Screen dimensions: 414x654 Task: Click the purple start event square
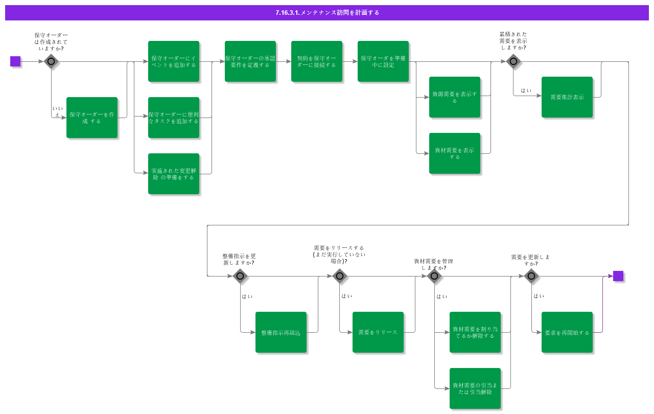pos(15,61)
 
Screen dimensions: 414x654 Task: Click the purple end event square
pos(618,276)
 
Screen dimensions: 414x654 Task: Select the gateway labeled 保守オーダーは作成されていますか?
pos(51,61)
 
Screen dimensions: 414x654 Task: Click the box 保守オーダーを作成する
pos(92,118)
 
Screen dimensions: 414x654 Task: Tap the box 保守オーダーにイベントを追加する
pos(174,61)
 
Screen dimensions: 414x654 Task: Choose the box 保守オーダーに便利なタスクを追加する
pos(174,118)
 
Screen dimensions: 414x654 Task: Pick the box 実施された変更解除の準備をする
pos(174,174)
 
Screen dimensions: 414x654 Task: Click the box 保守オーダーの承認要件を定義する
pos(250,61)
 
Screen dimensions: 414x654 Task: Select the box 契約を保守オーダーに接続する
pos(317,61)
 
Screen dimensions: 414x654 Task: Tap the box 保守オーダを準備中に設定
pos(383,61)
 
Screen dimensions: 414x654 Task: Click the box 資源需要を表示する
pos(455,97)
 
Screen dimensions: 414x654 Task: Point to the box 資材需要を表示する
pos(455,153)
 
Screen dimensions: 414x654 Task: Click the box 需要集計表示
pos(567,97)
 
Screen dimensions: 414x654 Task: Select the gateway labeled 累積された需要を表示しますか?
pos(513,61)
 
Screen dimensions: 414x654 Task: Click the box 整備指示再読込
pos(281,332)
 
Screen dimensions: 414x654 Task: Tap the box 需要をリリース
pos(378,332)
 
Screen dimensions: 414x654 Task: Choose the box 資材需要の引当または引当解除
pos(475,388)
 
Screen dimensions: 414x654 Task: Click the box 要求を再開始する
pos(567,332)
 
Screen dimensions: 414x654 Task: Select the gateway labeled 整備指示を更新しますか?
pos(240,276)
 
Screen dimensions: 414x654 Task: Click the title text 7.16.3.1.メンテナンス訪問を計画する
pos(327,12)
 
